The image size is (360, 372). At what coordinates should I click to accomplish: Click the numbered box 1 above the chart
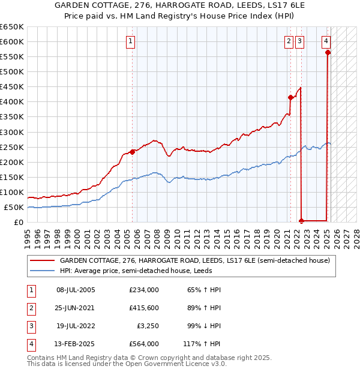click(130, 41)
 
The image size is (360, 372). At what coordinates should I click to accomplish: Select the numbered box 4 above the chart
click(326, 41)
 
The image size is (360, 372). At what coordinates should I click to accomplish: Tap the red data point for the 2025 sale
click(328, 53)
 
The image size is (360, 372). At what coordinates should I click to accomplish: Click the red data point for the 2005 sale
click(132, 152)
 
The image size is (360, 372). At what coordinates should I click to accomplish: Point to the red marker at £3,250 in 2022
click(301, 221)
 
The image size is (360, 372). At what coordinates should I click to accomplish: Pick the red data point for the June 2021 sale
click(290, 97)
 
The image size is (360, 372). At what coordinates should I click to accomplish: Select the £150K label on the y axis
click(11, 177)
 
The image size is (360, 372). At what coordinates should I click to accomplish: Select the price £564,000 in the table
click(144, 344)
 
